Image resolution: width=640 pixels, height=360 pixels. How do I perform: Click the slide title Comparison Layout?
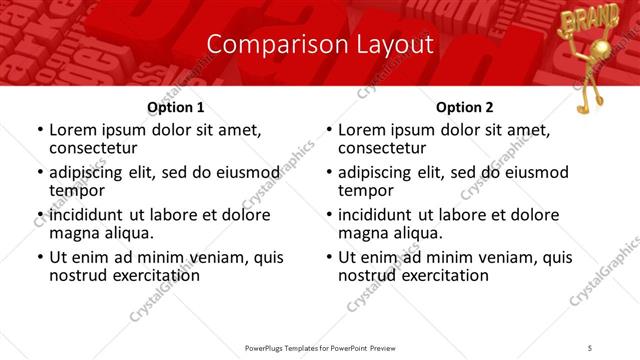pos(319,45)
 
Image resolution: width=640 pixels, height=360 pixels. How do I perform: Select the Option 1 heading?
pos(176,107)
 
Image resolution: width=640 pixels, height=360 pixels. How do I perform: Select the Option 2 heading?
pos(465,107)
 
